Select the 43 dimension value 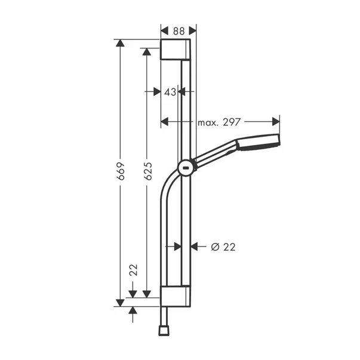click(170, 91)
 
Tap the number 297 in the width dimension click(231, 122)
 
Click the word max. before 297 click(210, 122)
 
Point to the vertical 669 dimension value click(121, 172)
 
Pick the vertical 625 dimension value click(147, 172)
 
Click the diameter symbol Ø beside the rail click(214, 246)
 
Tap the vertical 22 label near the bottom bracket click(133, 272)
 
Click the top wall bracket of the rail click(176, 49)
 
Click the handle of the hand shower click(215, 155)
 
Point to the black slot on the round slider click(187, 168)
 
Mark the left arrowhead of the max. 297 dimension click(165, 122)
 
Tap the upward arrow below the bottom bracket click(133, 312)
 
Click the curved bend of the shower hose click(167, 185)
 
